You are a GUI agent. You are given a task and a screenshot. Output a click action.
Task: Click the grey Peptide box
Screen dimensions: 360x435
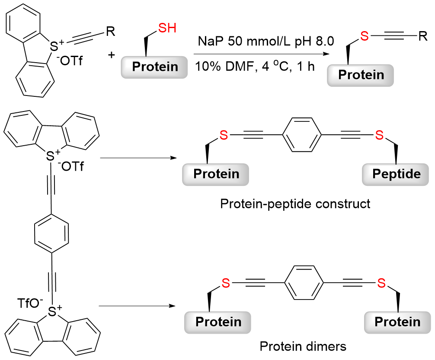(397, 174)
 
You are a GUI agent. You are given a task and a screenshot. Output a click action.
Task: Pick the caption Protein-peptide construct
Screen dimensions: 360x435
(295, 203)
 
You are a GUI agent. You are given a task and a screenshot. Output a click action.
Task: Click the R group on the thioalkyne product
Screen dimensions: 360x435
(422, 36)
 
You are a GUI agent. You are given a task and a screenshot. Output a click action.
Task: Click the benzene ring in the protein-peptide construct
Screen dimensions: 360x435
(301, 136)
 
